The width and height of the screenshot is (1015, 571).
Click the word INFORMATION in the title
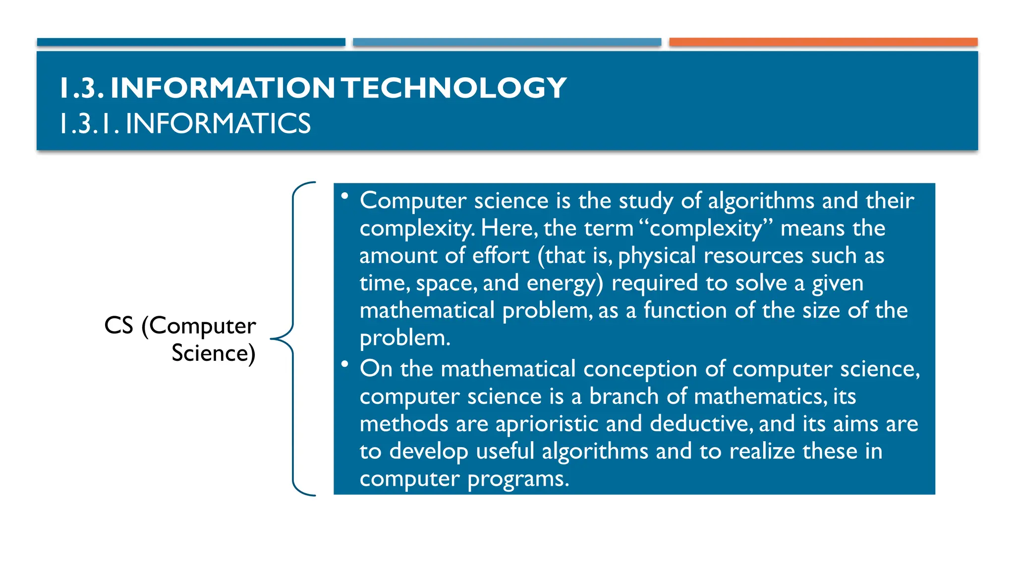click(223, 88)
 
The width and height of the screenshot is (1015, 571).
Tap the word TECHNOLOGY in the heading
click(454, 88)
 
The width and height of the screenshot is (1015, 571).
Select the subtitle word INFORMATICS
click(218, 123)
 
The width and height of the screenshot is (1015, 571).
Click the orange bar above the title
click(823, 42)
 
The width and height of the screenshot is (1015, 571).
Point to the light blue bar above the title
click(507, 42)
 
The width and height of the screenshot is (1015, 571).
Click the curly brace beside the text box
click(293, 339)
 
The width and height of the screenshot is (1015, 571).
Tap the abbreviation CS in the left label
click(118, 326)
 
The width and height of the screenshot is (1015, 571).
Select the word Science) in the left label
click(213, 353)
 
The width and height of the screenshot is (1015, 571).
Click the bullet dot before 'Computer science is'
click(344, 196)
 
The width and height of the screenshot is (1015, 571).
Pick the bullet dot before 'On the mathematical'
click(344, 364)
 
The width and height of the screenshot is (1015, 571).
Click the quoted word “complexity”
click(706, 228)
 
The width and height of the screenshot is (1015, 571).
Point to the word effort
click(501, 256)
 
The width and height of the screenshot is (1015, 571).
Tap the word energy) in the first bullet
click(565, 284)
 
